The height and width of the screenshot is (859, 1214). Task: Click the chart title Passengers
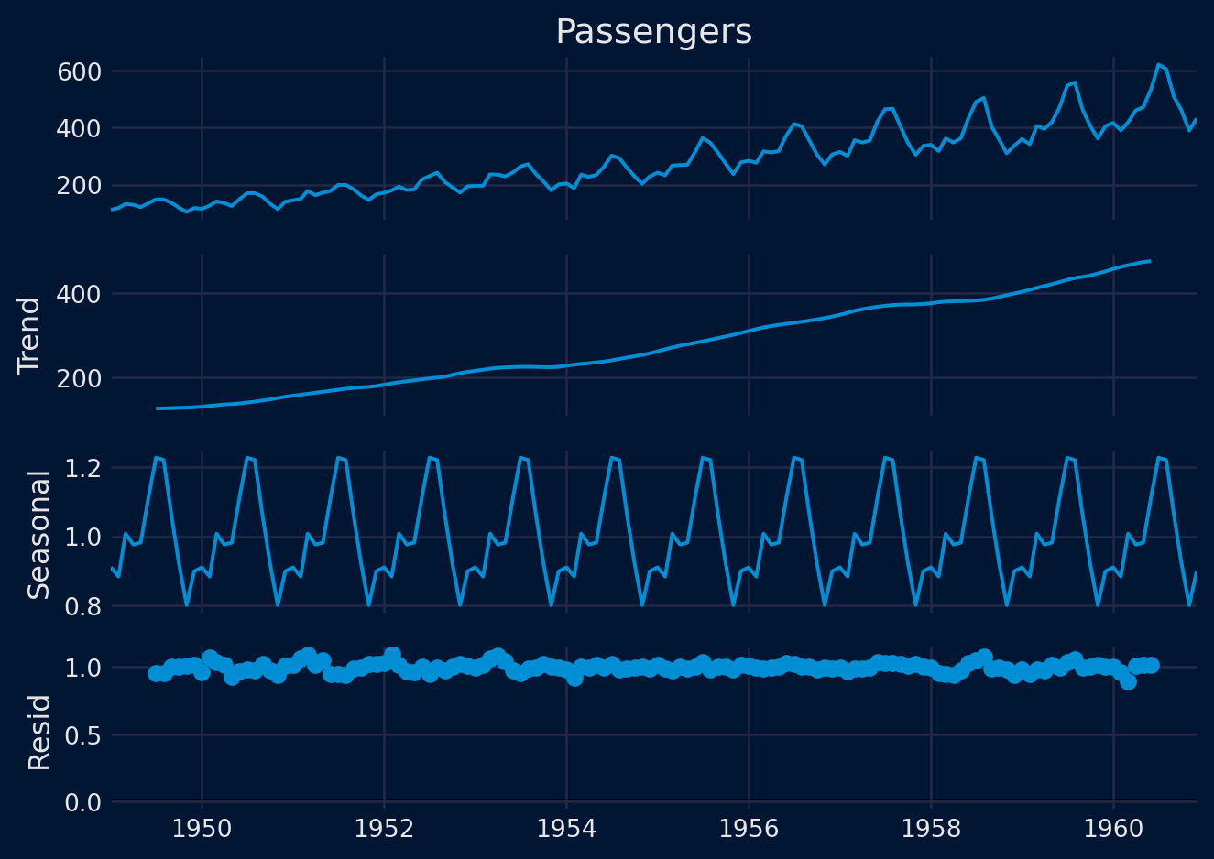653,32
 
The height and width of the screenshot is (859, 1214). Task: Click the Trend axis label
30,335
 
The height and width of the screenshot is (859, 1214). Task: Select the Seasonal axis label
38,535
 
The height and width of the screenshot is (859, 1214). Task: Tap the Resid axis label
38,732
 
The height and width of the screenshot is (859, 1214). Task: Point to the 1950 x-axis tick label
202,829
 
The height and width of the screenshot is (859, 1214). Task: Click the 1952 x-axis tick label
384,829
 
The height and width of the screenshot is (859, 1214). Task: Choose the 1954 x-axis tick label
566,829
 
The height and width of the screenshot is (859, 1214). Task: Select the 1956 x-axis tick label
749,829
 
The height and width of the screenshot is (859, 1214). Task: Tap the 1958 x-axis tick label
931,829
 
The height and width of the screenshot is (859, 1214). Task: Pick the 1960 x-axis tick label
1113,829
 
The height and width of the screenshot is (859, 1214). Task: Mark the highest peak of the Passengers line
1158,64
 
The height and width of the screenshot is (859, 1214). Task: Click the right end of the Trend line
1149,261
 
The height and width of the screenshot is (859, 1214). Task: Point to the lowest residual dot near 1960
1128,681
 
